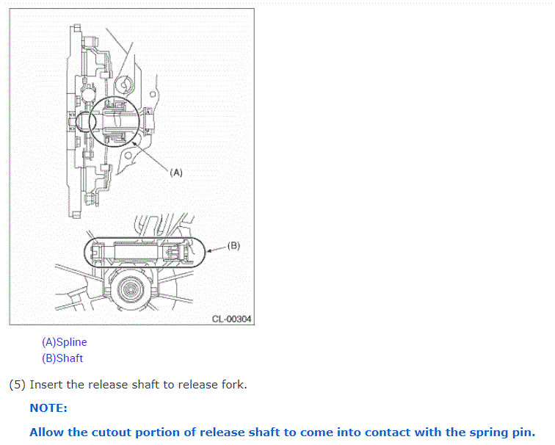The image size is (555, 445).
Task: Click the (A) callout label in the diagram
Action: tap(175, 173)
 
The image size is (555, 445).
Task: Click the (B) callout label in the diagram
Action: tap(233, 245)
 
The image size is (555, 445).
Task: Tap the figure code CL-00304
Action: tap(231, 319)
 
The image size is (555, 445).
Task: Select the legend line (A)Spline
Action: tap(65, 342)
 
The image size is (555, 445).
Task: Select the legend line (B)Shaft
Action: tap(62, 358)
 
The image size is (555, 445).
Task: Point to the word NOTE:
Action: tap(48, 408)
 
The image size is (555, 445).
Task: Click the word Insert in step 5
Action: tap(46, 385)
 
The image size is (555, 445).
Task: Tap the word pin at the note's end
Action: tap(523, 433)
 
